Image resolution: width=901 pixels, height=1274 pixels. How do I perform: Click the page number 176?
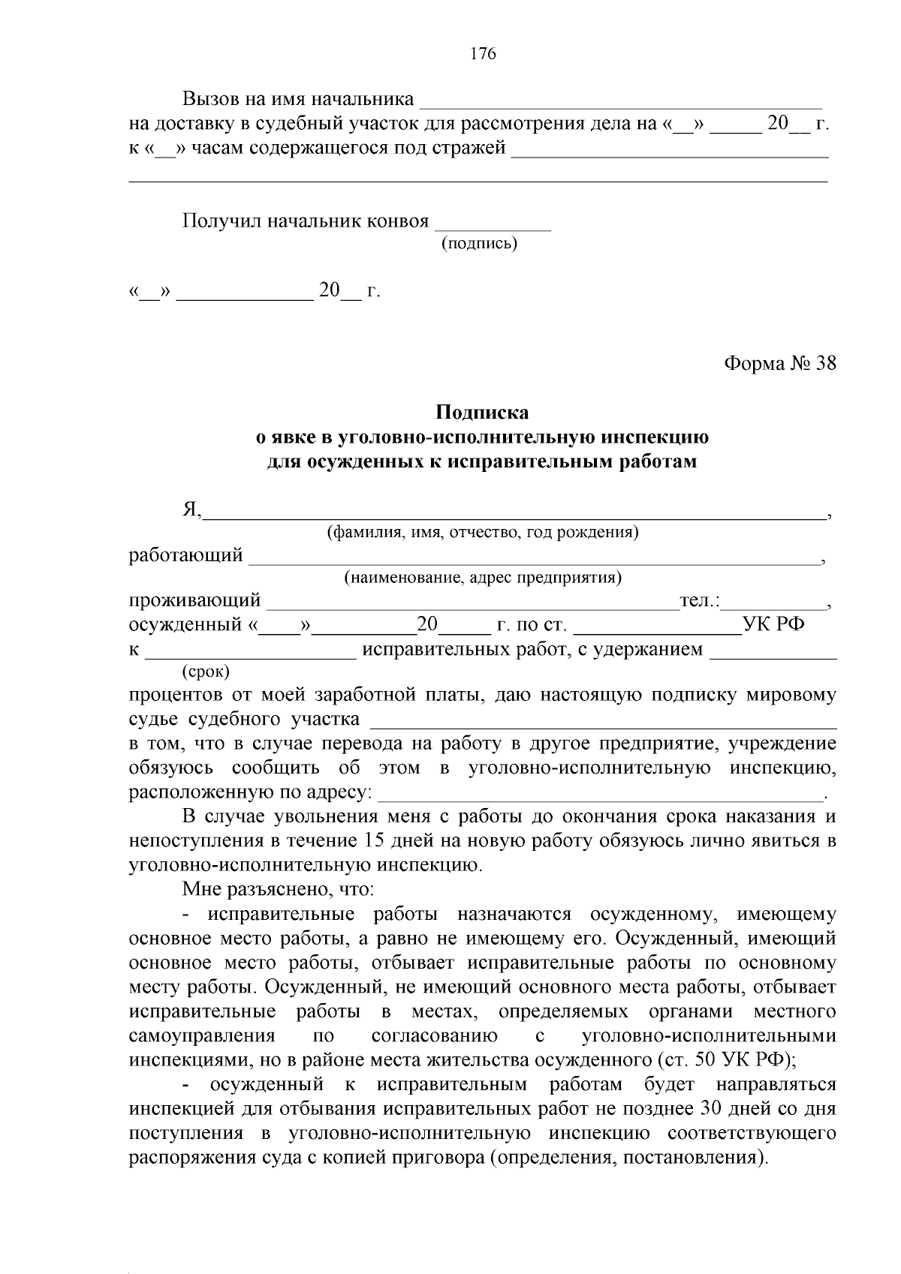coord(483,53)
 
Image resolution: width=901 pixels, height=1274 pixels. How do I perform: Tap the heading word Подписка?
coord(483,413)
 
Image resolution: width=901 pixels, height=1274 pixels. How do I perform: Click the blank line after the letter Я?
coord(513,513)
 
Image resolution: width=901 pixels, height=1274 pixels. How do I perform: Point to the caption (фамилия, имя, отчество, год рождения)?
coord(483,533)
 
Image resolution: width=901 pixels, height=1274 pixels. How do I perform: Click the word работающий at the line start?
coord(186,556)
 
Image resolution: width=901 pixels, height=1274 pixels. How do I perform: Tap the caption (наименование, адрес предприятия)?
coord(483,578)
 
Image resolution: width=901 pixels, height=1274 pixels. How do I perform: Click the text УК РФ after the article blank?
coord(774,624)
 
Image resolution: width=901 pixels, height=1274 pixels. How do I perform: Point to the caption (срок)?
coord(206,671)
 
